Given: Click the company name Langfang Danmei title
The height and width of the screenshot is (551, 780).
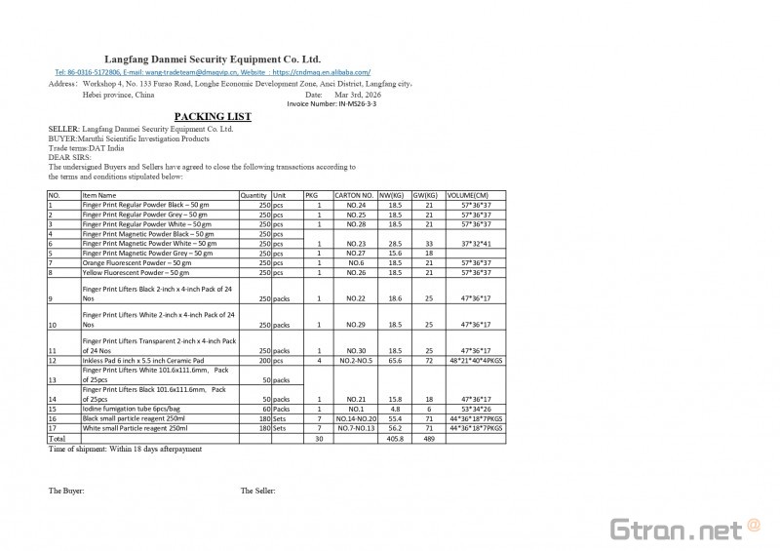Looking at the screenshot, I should tap(213, 59).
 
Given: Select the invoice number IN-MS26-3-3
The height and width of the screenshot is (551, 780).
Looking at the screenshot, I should tap(331, 103).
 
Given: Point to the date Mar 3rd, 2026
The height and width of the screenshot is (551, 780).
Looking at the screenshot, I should tap(359, 95).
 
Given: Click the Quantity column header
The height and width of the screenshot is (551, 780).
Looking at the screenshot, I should tap(253, 196).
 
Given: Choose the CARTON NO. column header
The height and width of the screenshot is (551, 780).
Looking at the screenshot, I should tap(354, 196).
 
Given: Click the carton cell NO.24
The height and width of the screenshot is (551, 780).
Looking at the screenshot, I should tap(355, 206).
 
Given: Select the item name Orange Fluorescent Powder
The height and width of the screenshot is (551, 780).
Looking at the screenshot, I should tap(136, 263).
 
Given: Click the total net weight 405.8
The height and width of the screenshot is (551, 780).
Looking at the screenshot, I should tap(394, 438).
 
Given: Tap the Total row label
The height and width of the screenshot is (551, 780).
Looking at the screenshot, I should tap(58, 438).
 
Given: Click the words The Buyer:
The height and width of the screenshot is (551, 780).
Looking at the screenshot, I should tap(66, 491).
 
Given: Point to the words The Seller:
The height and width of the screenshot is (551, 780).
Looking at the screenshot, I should tap(258, 491).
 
